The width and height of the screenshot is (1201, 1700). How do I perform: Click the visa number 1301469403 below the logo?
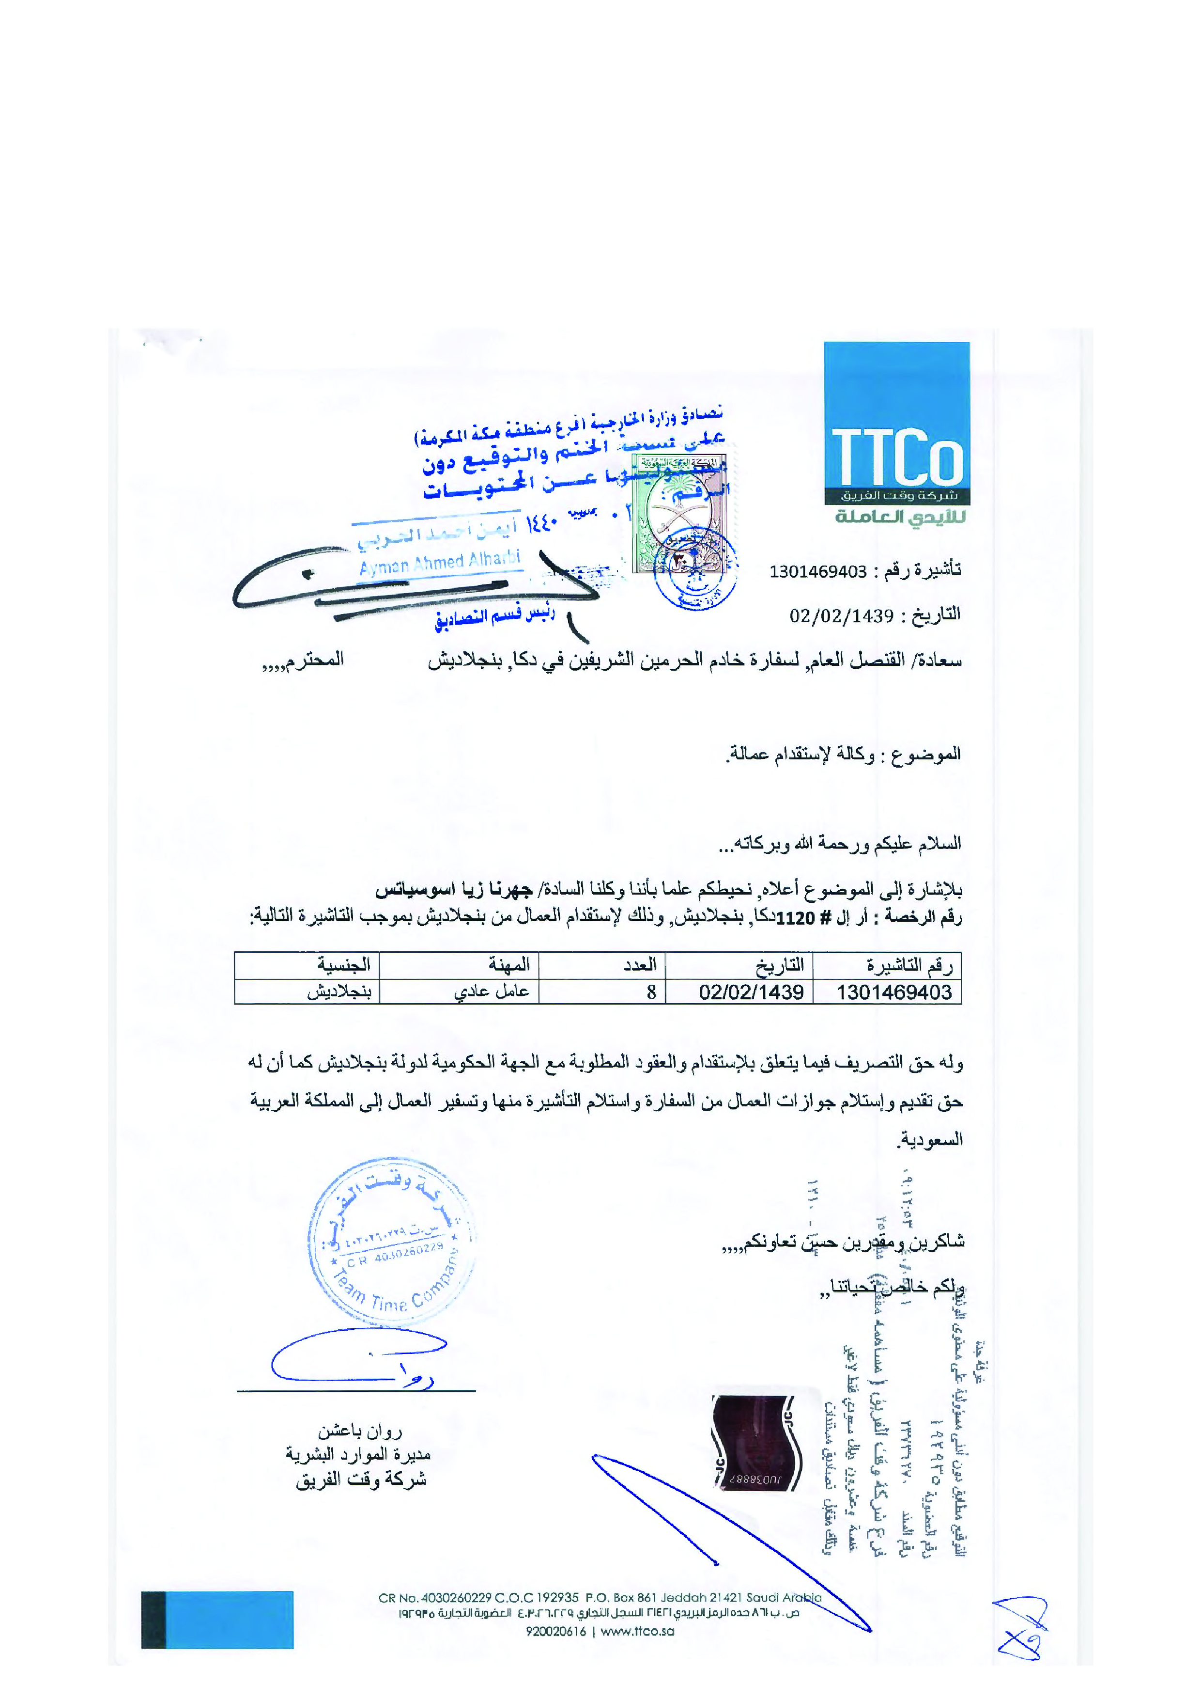coord(817,572)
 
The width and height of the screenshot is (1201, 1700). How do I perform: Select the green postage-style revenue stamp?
coord(678,514)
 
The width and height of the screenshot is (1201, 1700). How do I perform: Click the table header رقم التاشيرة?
coord(909,965)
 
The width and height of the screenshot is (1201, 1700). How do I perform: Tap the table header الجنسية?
coord(344,965)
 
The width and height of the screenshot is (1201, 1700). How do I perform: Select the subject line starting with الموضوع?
coord(844,755)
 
